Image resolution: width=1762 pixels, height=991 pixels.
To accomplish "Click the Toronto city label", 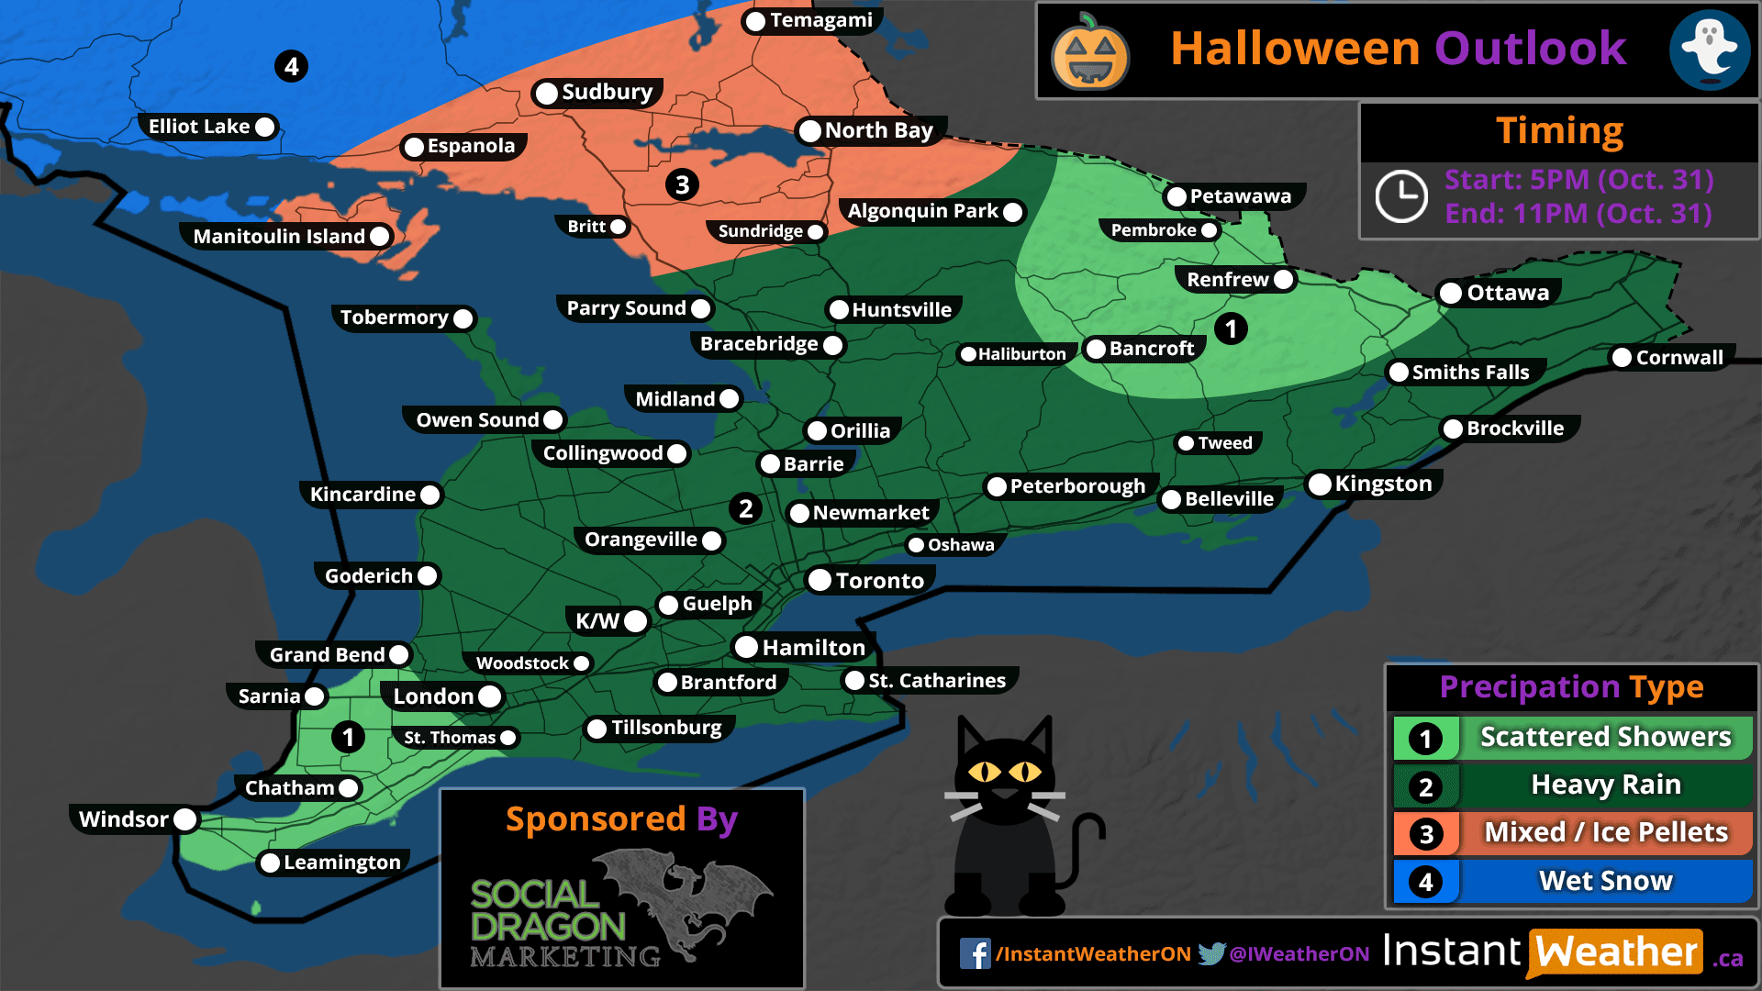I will pos(878,581).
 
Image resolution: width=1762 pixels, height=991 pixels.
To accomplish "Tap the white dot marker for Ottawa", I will pos(1451,294).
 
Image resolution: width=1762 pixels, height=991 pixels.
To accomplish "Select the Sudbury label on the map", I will pos(606,93).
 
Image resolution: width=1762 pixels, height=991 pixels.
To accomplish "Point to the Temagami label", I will pos(820,20).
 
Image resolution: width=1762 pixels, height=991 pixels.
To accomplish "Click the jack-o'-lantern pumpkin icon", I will pos(1089,54).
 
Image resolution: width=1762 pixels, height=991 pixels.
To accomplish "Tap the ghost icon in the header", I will pos(1709,50).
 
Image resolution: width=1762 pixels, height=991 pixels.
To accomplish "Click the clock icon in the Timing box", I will pos(1400,195).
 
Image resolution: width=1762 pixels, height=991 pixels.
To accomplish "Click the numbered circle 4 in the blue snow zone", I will pos(291,66).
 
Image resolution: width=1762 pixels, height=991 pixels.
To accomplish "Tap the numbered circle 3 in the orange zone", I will pos(682,185).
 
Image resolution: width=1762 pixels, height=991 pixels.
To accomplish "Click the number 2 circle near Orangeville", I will pos(745,508).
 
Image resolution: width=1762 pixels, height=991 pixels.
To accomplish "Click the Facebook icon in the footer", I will pos(975,954).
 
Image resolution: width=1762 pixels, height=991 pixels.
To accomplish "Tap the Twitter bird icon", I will pos(1211,953).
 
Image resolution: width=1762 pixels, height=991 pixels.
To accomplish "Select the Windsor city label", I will pos(124,819).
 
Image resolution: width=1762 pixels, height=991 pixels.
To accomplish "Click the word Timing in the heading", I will pos(1559,131).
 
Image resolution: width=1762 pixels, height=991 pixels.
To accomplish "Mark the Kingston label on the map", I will pos(1382,484).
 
